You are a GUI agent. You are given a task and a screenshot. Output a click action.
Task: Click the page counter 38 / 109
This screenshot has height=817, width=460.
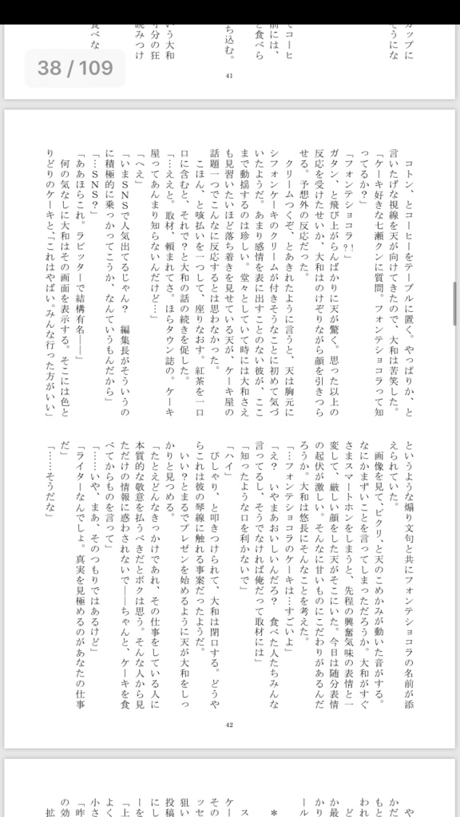point(75,68)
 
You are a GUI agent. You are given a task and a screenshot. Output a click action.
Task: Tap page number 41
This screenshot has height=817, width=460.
point(229,76)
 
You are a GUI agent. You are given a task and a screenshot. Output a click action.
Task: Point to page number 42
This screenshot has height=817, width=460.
point(229,724)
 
